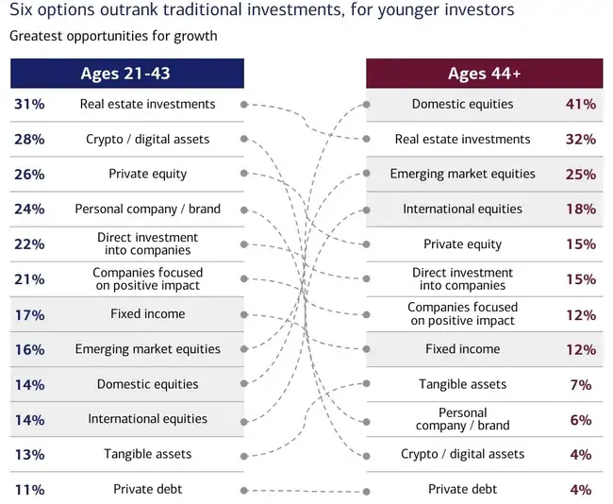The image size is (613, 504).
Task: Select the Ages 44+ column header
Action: click(485, 74)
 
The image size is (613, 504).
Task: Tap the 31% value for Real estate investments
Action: click(29, 104)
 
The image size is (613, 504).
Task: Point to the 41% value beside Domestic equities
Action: click(581, 104)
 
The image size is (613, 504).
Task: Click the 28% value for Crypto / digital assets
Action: click(29, 140)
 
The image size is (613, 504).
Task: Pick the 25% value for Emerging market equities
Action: click(581, 174)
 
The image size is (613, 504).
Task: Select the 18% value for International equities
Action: click(581, 209)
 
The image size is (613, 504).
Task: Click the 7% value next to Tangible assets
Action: click(581, 385)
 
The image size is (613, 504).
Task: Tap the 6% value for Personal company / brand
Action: click(581, 420)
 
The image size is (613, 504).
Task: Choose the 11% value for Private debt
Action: click(29, 490)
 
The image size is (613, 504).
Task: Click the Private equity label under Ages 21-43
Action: click(148, 174)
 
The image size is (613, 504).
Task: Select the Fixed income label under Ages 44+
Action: click(462, 348)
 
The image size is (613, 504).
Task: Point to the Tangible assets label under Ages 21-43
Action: click(148, 454)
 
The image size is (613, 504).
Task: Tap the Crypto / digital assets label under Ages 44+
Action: click(462, 454)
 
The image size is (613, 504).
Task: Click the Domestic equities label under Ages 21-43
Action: click(148, 384)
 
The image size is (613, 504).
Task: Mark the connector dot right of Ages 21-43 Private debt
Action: click(244, 490)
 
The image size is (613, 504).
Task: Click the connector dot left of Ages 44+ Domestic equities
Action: click(366, 105)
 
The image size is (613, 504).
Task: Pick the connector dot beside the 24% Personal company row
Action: click(244, 210)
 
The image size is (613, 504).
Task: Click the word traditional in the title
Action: click(203, 9)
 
